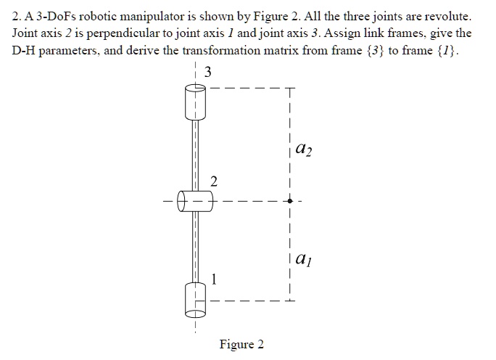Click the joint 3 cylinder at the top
point(194,102)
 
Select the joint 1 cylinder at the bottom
point(195,300)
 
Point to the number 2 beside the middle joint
point(212,181)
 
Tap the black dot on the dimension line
point(289,200)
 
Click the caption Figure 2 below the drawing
point(241,344)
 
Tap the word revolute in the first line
point(449,15)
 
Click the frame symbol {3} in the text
point(402,52)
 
